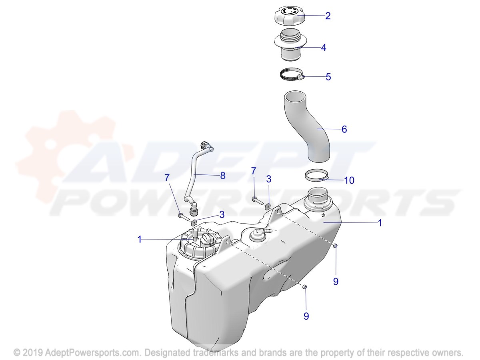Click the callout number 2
pyautogui.click(x=328, y=16)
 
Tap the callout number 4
pyautogui.click(x=324, y=48)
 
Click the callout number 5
pyautogui.click(x=328, y=77)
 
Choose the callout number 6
pyautogui.click(x=344, y=129)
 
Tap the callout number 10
pyautogui.click(x=349, y=180)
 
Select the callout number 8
pyautogui.click(x=223, y=175)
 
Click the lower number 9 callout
pyautogui.click(x=306, y=316)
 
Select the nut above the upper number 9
pyautogui.click(x=335, y=246)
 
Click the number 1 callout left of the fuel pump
pyautogui.click(x=140, y=239)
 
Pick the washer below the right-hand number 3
pyautogui.click(x=267, y=206)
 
